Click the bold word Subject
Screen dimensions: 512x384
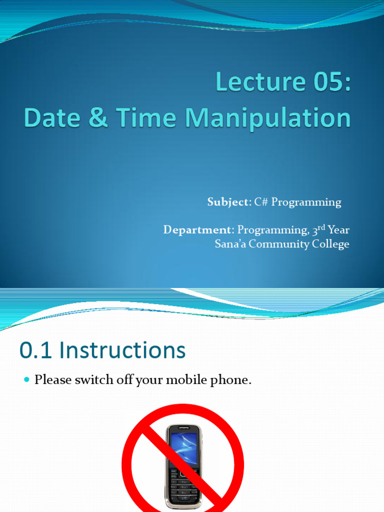(x=227, y=202)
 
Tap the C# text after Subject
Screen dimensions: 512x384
(x=262, y=202)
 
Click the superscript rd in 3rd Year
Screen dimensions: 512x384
(x=320, y=227)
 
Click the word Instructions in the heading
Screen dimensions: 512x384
(x=122, y=350)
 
